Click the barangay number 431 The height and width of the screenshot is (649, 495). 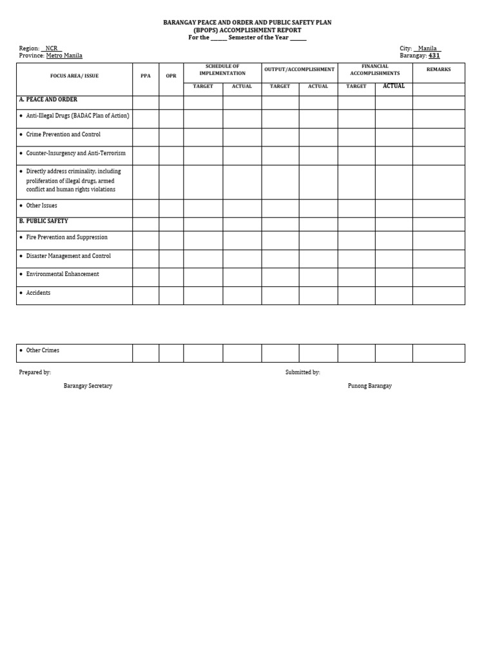coord(434,56)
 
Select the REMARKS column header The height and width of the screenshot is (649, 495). coord(438,70)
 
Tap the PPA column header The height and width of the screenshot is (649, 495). coord(146,76)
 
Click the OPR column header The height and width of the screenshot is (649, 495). coord(171,76)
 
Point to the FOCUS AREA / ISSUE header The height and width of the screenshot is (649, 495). coord(74,76)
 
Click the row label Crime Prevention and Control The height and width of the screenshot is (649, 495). coord(63,135)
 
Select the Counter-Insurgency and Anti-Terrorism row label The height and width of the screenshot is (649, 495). coord(75,154)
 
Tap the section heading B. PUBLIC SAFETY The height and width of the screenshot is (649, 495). coord(43,221)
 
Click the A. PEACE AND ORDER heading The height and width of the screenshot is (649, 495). coord(48,100)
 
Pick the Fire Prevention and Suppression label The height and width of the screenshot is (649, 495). coord(66,237)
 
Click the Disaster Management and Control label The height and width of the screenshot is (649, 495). coord(68,256)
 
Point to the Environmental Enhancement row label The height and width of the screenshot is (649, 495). coord(63,274)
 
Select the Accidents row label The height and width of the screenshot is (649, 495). coord(38,293)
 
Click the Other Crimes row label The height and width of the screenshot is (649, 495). coord(43,350)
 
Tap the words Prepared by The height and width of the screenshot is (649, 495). coord(35,372)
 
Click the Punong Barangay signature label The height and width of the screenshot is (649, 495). coord(369,386)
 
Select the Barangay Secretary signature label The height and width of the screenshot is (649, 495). coord(88,386)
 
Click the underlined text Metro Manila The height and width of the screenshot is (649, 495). coord(64,56)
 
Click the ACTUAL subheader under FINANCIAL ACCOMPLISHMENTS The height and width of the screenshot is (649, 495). coord(394,86)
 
